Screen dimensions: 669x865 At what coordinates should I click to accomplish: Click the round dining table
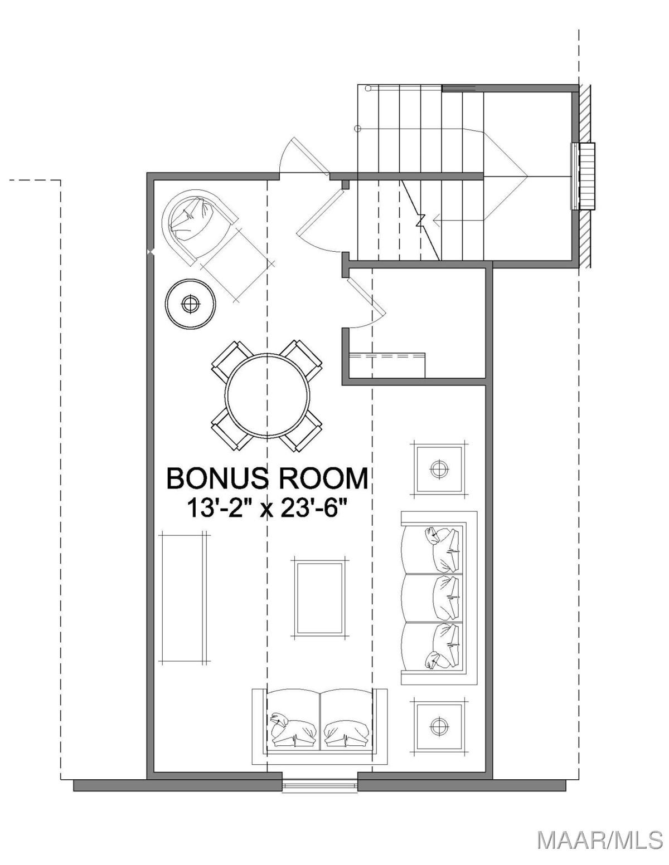click(267, 394)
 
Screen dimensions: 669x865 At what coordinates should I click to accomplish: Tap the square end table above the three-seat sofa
click(439, 469)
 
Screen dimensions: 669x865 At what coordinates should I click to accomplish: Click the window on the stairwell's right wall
click(583, 176)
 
